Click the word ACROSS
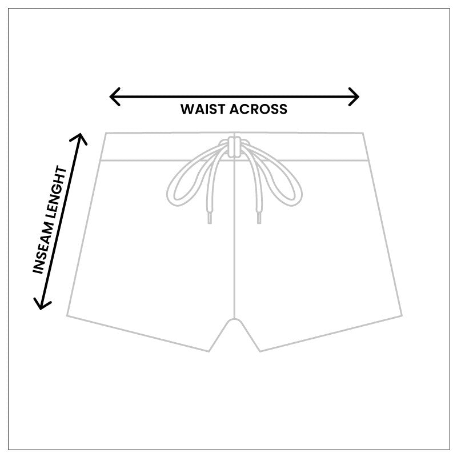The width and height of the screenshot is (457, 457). click(x=259, y=109)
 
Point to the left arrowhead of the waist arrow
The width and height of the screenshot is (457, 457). click(x=112, y=97)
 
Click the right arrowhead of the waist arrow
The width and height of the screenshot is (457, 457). click(x=356, y=97)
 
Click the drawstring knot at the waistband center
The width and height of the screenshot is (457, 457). click(x=234, y=146)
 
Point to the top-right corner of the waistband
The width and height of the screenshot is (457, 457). click(x=363, y=134)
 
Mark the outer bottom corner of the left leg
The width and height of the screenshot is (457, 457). click(x=67, y=315)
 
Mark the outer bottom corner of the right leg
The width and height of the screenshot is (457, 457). click(x=402, y=315)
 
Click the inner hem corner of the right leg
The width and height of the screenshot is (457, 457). click(x=260, y=351)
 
